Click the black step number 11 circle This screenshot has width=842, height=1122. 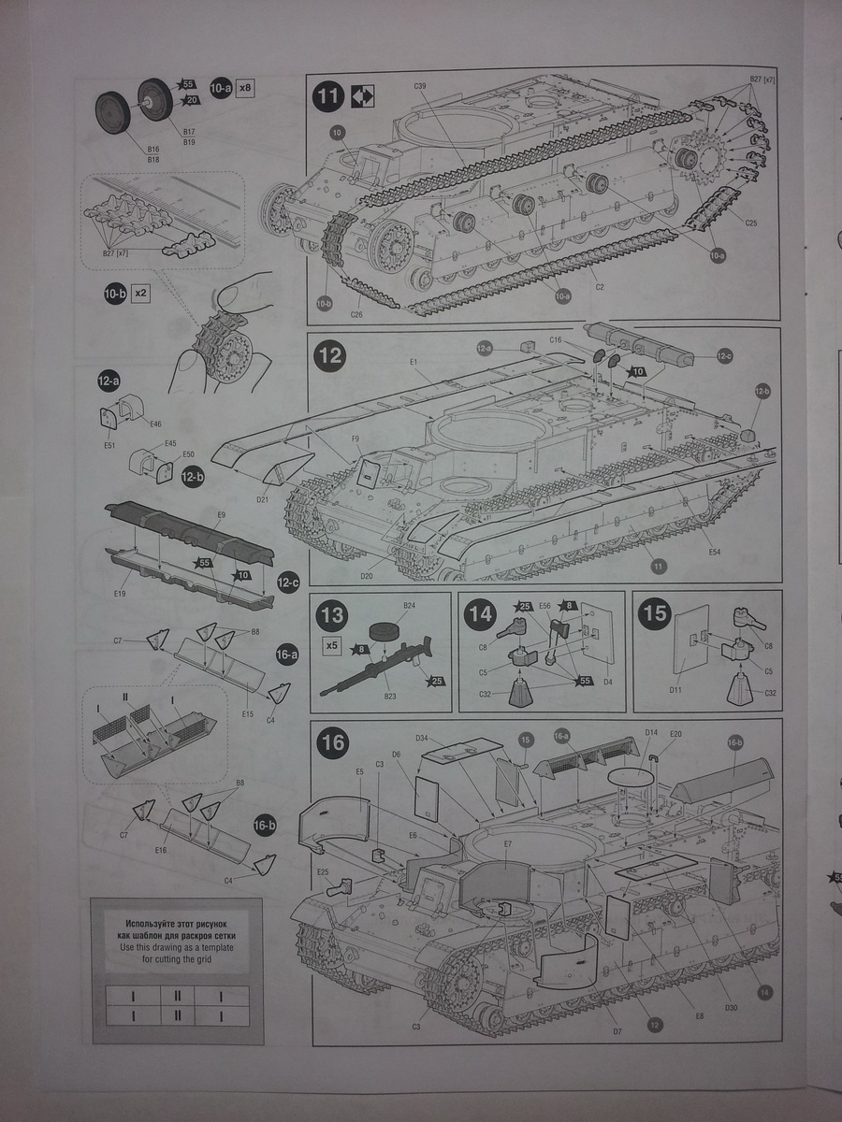pos(329,97)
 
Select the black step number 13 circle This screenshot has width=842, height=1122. pos(332,617)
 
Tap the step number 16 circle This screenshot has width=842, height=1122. pos(333,744)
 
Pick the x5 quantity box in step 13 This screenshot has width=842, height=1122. pos(331,645)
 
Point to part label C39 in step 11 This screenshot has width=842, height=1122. pos(420,87)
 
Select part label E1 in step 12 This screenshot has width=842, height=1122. pos(413,362)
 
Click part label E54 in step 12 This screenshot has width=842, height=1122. pos(715,553)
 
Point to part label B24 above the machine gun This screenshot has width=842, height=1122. pos(409,607)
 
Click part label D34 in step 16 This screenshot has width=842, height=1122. pos(423,738)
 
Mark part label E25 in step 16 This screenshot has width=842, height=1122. pos(323,872)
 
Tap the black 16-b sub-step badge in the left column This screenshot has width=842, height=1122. pos(265,825)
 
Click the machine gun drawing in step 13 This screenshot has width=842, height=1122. pos(374,666)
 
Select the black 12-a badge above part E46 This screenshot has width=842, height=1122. pos(109,381)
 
